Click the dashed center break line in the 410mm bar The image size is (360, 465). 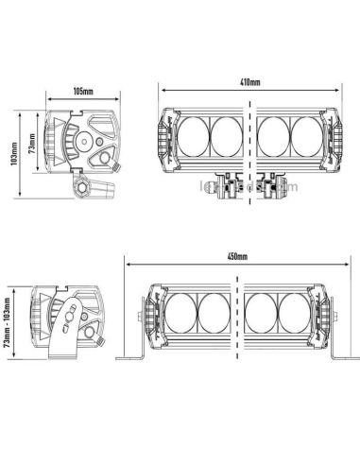click(x=249, y=142)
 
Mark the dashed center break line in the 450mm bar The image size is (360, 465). click(x=235, y=317)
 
